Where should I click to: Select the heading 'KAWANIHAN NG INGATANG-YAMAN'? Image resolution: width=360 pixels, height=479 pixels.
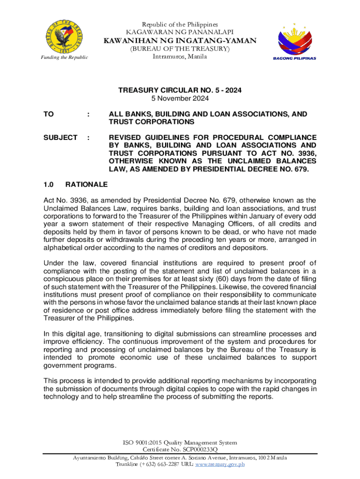(x=180, y=41)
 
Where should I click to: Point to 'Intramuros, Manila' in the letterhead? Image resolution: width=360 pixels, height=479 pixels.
(x=180, y=57)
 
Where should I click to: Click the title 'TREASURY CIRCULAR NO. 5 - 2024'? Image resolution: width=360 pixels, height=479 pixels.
(x=180, y=90)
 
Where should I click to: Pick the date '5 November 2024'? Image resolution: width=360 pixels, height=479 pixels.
(x=180, y=98)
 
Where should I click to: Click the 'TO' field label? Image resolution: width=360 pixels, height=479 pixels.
(x=48, y=114)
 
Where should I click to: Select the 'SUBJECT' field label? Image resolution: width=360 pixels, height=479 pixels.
(x=60, y=137)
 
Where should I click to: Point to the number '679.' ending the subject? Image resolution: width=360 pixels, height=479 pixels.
(x=300, y=169)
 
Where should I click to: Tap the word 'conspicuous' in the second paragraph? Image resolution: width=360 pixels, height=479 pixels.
(x=63, y=279)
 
